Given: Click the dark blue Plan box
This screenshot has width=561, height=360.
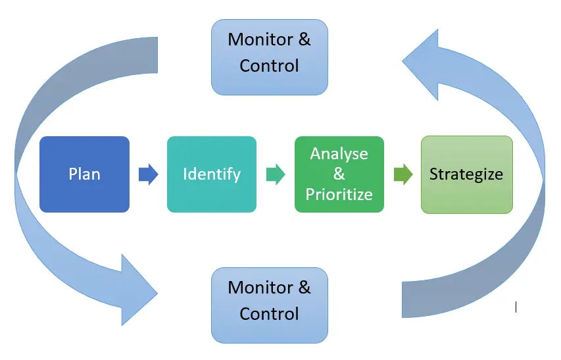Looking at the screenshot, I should (x=84, y=174).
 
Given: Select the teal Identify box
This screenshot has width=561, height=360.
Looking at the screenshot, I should (x=211, y=174).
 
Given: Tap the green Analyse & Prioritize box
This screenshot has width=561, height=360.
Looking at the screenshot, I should (x=339, y=174).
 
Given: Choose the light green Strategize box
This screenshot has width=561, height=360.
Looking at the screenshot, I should (x=466, y=174).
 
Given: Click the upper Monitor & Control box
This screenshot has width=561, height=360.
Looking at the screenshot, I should (x=269, y=57).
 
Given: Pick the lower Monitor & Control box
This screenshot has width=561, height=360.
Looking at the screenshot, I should (x=269, y=305).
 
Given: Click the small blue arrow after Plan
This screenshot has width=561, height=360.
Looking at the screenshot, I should (x=149, y=174).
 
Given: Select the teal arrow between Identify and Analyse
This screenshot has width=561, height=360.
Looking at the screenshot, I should (x=276, y=174).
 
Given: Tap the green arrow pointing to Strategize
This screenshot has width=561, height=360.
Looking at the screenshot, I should (x=402, y=174).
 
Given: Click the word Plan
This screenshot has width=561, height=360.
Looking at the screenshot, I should (x=84, y=174).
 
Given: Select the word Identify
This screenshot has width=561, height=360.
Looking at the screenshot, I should (x=211, y=174).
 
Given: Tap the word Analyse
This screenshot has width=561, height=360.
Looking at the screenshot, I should (x=339, y=154).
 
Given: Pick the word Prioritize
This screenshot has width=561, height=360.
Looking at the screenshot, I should (x=339, y=195).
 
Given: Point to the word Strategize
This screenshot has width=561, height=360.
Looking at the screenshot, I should (x=466, y=174).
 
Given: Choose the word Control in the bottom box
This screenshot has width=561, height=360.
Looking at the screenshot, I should (x=269, y=314).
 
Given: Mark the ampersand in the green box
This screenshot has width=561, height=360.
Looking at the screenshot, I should (x=339, y=174).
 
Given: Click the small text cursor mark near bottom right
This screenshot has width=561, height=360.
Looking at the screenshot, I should (x=516, y=307).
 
